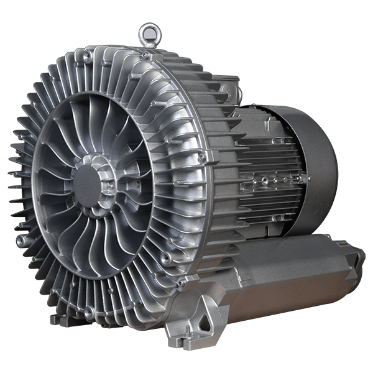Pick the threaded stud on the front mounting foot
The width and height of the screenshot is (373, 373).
click(x=180, y=341)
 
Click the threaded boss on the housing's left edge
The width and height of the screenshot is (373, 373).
click(x=22, y=239)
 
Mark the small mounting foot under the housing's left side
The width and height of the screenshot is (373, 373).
click(x=59, y=320)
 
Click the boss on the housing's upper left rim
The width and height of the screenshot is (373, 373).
click(x=87, y=57)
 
